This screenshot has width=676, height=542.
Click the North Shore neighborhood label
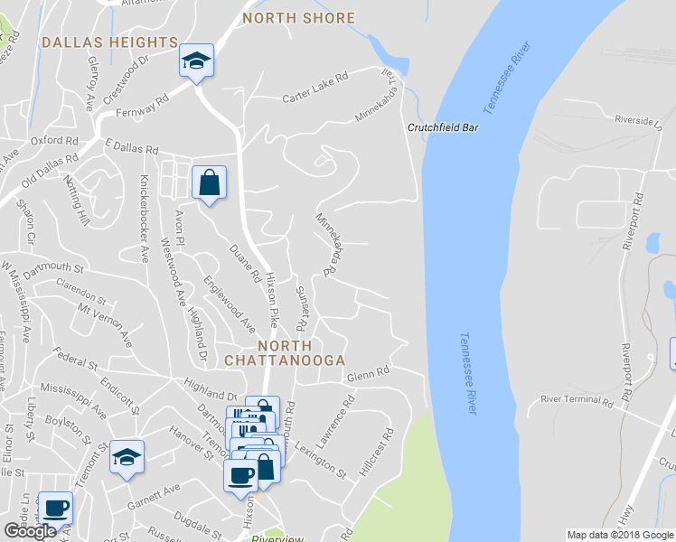tap(298, 18)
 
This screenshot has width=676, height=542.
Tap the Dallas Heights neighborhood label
tap(109, 42)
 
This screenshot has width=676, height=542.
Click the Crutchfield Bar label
tap(442, 127)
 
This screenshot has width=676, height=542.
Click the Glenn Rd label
tap(369, 372)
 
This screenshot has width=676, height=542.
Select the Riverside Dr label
tap(638, 119)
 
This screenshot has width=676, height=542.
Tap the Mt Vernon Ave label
tap(105, 325)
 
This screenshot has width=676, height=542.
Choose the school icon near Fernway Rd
tap(195, 61)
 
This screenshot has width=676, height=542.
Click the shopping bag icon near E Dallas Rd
tap(209, 182)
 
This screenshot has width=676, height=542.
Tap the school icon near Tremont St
tap(127, 457)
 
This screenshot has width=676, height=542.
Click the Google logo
tap(30, 531)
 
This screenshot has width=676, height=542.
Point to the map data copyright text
tap(621, 535)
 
